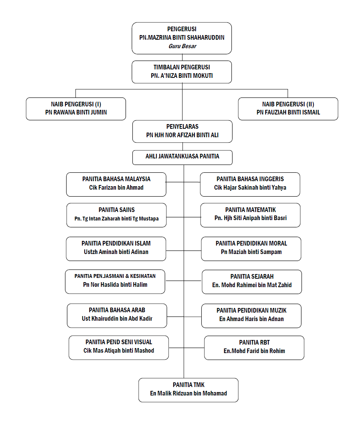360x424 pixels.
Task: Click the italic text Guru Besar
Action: point(182,46)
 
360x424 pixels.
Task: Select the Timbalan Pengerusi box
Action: point(182,72)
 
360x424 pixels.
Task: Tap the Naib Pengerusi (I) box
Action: point(76,109)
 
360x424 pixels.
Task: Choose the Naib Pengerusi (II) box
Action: point(288,109)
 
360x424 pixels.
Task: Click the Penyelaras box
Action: point(182,131)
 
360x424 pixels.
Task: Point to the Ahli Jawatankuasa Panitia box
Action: point(182,157)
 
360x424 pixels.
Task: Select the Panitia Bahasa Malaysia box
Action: point(116,184)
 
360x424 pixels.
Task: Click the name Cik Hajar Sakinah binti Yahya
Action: point(250,188)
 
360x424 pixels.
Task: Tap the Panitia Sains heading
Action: point(117,210)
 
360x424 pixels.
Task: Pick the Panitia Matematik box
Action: point(250,215)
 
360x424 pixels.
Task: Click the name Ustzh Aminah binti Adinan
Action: point(116,252)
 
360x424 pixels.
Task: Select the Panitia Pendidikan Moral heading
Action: point(251,243)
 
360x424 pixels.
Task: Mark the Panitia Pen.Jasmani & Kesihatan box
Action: point(115,281)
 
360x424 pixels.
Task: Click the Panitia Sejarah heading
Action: point(252,277)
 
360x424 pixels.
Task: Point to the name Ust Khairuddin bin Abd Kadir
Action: point(117,318)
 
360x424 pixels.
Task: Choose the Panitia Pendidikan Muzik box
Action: point(251,316)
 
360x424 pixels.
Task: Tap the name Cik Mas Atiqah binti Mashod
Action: point(119,351)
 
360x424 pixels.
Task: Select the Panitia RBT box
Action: point(254,348)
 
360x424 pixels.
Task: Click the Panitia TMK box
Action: point(189,390)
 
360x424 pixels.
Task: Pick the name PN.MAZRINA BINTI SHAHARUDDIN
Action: point(182,38)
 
